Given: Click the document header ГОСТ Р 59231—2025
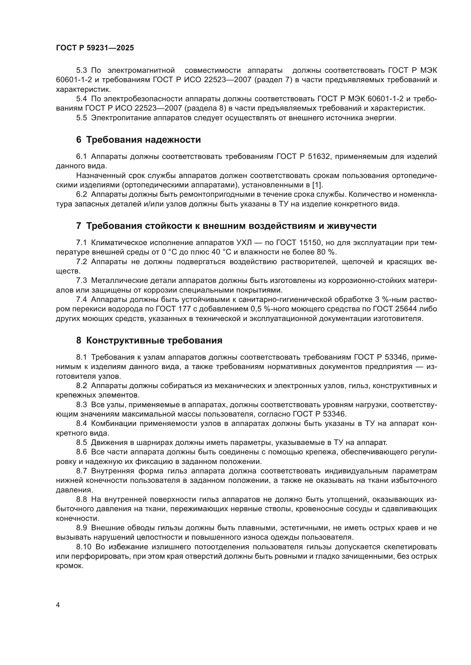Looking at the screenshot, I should [x=95, y=48].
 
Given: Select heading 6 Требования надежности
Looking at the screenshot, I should [x=138, y=140].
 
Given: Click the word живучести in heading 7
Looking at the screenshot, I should [x=351, y=226].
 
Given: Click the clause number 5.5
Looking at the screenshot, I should [x=81, y=118].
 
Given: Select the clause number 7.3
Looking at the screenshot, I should [x=81, y=281].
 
